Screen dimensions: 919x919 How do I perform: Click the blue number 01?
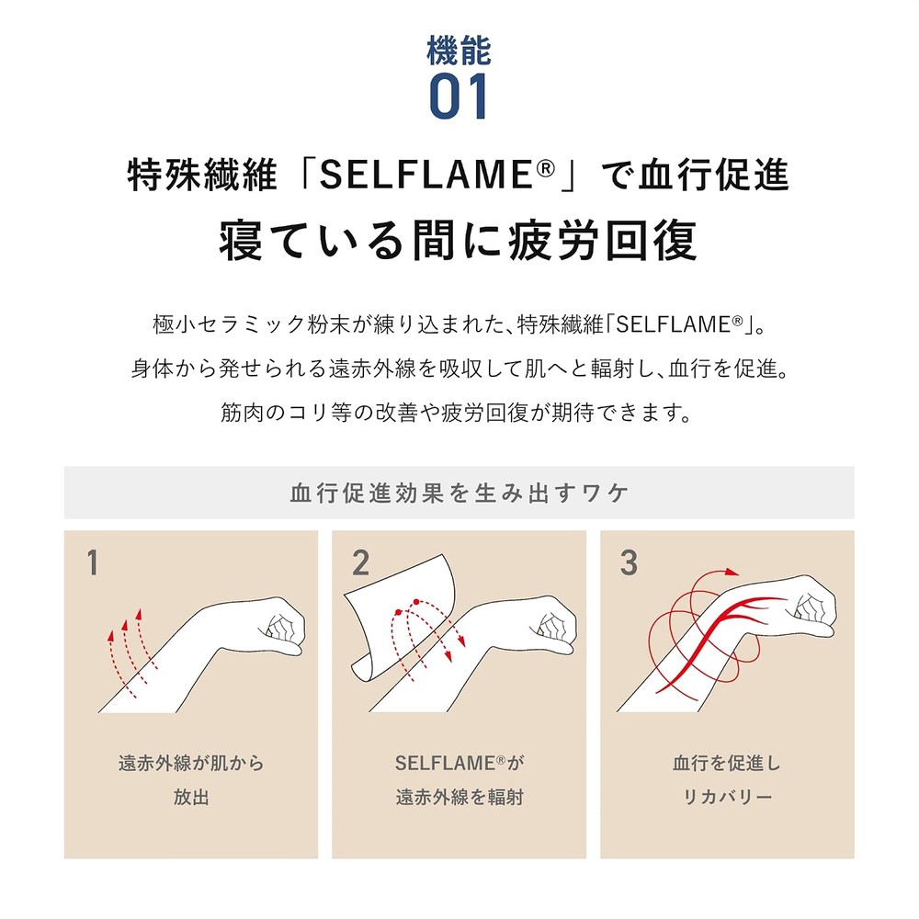[x=459, y=96]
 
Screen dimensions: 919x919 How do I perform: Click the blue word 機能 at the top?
[x=459, y=51]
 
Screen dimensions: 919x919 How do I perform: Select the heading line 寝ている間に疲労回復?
[x=459, y=240]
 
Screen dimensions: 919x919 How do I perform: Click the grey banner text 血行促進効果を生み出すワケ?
[x=459, y=493]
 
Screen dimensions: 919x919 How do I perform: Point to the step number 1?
[x=92, y=562]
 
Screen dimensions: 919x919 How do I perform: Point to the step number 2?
[x=360, y=562]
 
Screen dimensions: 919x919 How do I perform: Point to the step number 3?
[x=629, y=562]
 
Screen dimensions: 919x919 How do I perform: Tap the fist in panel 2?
[x=550, y=625]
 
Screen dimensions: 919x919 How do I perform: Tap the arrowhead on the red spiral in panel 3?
[x=732, y=572]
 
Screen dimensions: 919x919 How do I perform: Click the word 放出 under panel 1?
[x=191, y=797]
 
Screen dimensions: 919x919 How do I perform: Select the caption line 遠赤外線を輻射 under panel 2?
[x=459, y=797]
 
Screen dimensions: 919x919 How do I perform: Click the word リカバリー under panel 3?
[x=727, y=797]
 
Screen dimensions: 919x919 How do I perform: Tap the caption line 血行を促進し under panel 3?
[x=727, y=763]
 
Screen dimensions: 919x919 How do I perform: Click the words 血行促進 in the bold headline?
[x=713, y=175]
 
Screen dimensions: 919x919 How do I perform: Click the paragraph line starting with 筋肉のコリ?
[x=457, y=413]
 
